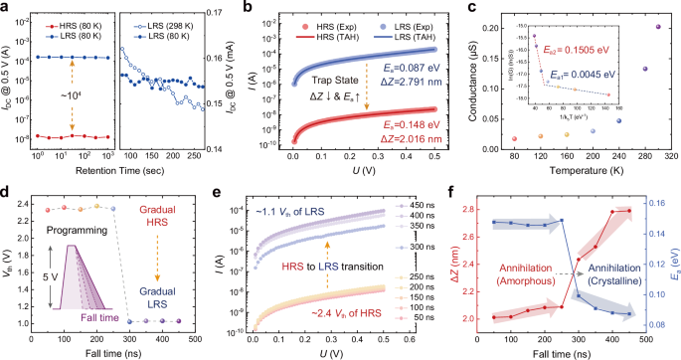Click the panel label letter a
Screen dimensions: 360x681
click(x=7, y=8)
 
